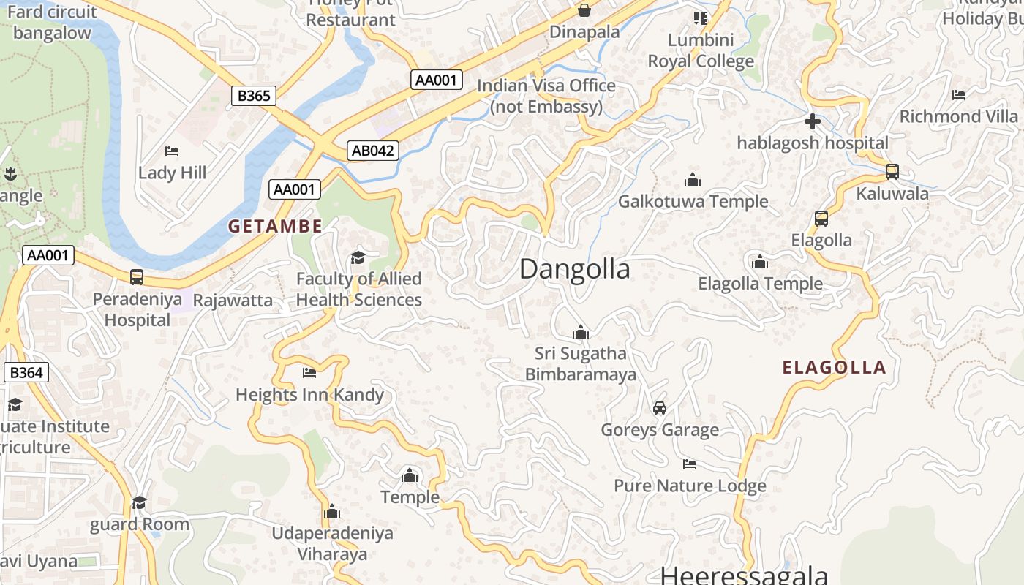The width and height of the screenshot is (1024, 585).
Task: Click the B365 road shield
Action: pos(255,95)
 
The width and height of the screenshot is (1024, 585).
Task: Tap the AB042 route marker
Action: pos(373,151)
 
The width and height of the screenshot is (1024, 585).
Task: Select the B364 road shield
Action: pos(26,372)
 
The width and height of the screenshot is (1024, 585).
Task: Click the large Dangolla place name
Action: pos(574,269)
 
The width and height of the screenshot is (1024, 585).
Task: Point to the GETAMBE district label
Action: pos(275,227)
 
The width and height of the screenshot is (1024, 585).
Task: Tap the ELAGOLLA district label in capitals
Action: pos(834,368)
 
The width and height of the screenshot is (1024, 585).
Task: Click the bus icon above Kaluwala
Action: pos(892,172)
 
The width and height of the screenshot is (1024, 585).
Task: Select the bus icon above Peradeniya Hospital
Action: pos(137,277)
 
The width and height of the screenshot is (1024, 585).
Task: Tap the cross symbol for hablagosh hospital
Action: pos(812,121)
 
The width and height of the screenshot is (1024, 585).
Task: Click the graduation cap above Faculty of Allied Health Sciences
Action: pos(358,257)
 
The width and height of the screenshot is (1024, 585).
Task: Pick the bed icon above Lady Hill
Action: pos(172,151)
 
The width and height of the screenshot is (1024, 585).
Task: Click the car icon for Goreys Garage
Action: pos(659,408)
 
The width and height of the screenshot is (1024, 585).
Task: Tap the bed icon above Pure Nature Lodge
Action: pos(689,464)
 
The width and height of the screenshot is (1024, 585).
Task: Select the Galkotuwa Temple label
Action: pos(693,201)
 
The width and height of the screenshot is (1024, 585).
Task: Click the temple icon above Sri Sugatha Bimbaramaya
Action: pos(581,332)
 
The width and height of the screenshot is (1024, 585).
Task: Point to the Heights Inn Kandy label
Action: pos(309,395)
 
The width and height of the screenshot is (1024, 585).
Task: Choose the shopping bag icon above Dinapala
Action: pos(584,10)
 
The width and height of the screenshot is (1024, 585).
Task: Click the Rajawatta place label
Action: pos(233,300)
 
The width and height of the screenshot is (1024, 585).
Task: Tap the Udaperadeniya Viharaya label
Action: pos(332,543)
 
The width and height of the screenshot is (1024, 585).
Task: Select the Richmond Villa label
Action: pos(958,116)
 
